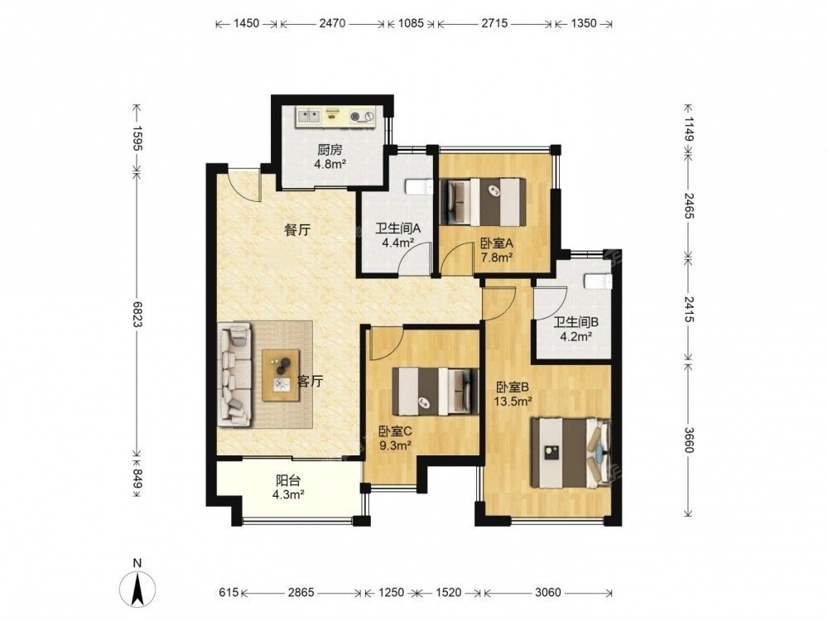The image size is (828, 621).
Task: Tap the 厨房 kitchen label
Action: (330, 149)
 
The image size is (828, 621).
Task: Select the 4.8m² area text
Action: (330, 164)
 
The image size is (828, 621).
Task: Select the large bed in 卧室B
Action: (570, 453)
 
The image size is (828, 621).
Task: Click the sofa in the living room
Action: (234, 374)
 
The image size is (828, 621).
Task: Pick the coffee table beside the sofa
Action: (281, 375)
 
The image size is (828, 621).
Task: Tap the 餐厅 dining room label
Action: (296, 229)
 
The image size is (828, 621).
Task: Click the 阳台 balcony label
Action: (288, 480)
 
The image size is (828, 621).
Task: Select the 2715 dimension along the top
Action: (495, 23)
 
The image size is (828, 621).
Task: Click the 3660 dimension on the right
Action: (689, 440)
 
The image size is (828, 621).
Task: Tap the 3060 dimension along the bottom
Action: (547, 593)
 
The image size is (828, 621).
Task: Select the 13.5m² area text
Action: (513, 402)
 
